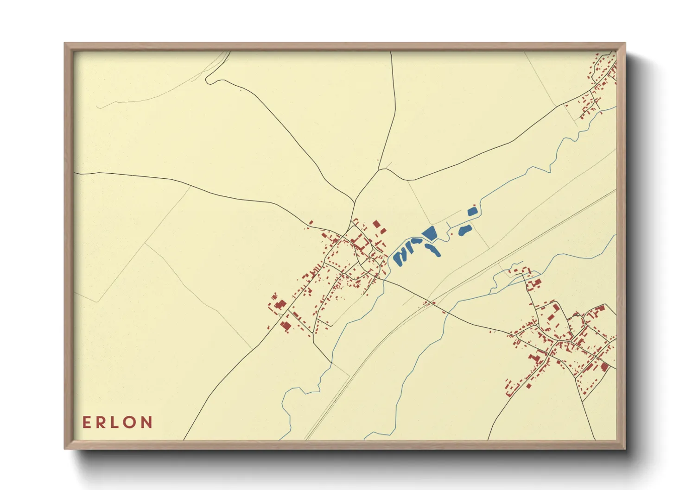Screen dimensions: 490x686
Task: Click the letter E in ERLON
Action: (x=86, y=422)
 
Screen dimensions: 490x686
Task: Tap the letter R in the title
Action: (x=101, y=422)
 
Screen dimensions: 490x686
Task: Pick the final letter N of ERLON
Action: (x=147, y=422)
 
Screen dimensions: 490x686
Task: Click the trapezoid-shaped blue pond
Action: (x=430, y=233)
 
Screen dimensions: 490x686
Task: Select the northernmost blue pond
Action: (x=472, y=212)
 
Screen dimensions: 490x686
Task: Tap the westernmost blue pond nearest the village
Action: (x=398, y=258)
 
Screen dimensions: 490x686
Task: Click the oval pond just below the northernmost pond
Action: (x=464, y=230)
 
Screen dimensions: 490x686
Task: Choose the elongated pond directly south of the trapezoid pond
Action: (x=433, y=250)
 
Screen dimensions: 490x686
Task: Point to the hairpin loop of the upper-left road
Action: (x=208, y=81)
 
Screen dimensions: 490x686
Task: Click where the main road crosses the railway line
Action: (x=434, y=303)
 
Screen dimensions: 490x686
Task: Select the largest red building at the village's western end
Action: (x=280, y=305)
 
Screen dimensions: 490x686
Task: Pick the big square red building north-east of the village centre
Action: (x=376, y=224)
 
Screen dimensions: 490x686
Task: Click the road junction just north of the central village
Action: (x=355, y=202)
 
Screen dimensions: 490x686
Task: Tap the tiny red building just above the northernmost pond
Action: (x=475, y=205)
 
